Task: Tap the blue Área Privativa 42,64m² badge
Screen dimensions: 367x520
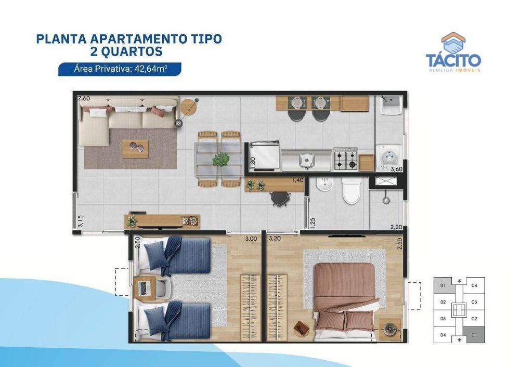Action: [x=120, y=69]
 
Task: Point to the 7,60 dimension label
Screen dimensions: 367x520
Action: [x=84, y=98]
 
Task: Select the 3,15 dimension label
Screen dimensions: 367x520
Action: [x=80, y=222]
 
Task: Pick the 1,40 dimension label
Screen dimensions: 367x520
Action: [x=297, y=180]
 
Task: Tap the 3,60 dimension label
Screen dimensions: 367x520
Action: [x=397, y=168]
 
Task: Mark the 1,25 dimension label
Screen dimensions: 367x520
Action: [x=312, y=222]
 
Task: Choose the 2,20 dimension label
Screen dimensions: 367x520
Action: [x=397, y=227]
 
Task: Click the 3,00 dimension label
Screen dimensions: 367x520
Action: [x=251, y=239]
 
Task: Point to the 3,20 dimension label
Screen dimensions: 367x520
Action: [x=275, y=239]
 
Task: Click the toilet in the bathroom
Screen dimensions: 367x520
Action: [x=352, y=192]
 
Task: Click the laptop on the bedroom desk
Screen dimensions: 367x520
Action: [x=144, y=287]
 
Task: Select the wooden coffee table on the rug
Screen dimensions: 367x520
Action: [x=135, y=148]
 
